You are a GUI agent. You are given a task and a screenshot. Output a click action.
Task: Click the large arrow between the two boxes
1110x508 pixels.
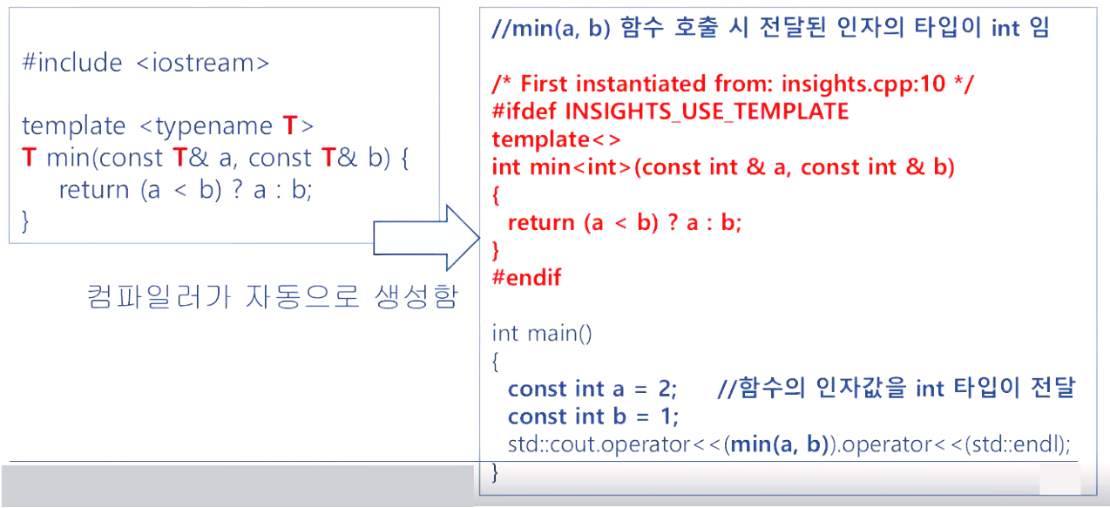(x=427, y=238)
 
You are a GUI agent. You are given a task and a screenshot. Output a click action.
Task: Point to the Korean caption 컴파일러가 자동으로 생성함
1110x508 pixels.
(x=272, y=298)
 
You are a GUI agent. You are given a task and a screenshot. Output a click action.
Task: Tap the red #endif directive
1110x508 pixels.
(x=526, y=278)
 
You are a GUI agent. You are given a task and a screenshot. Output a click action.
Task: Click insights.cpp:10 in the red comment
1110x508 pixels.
(x=870, y=85)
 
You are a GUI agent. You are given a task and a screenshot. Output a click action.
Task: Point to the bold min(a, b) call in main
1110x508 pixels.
(x=778, y=444)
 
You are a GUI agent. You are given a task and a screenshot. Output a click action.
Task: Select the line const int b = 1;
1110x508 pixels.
(x=593, y=417)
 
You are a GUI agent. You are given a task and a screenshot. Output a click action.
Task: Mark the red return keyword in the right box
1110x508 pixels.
(x=541, y=223)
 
